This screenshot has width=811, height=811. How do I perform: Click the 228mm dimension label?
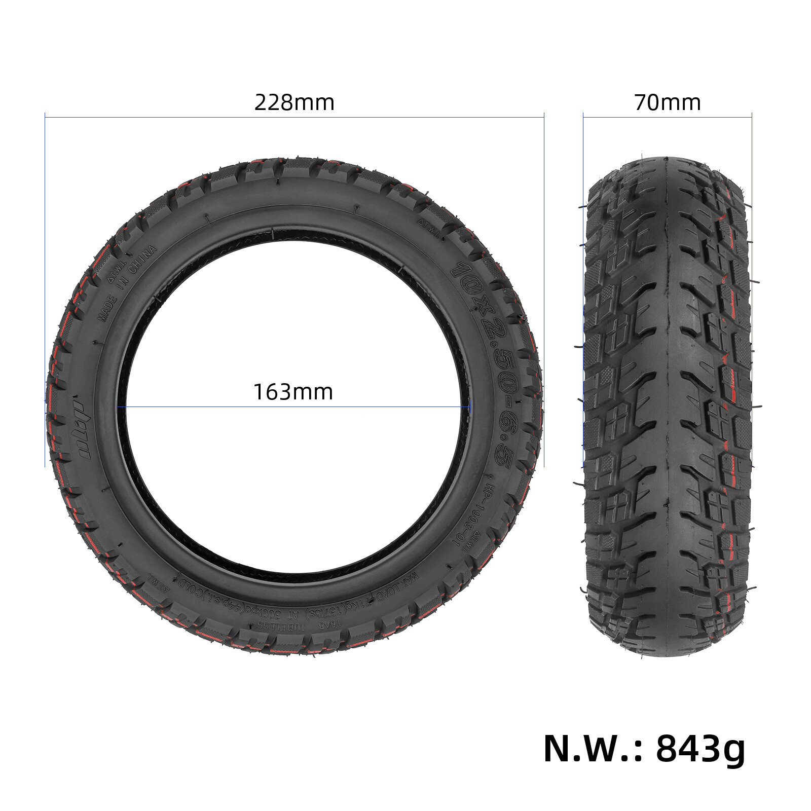coord(294,103)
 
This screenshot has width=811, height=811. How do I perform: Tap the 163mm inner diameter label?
coord(293,392)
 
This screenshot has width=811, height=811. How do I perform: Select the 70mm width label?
coord(667,103)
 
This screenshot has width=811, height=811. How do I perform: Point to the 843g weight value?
coord(701,749)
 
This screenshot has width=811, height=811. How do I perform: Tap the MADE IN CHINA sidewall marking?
coord(127,284)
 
